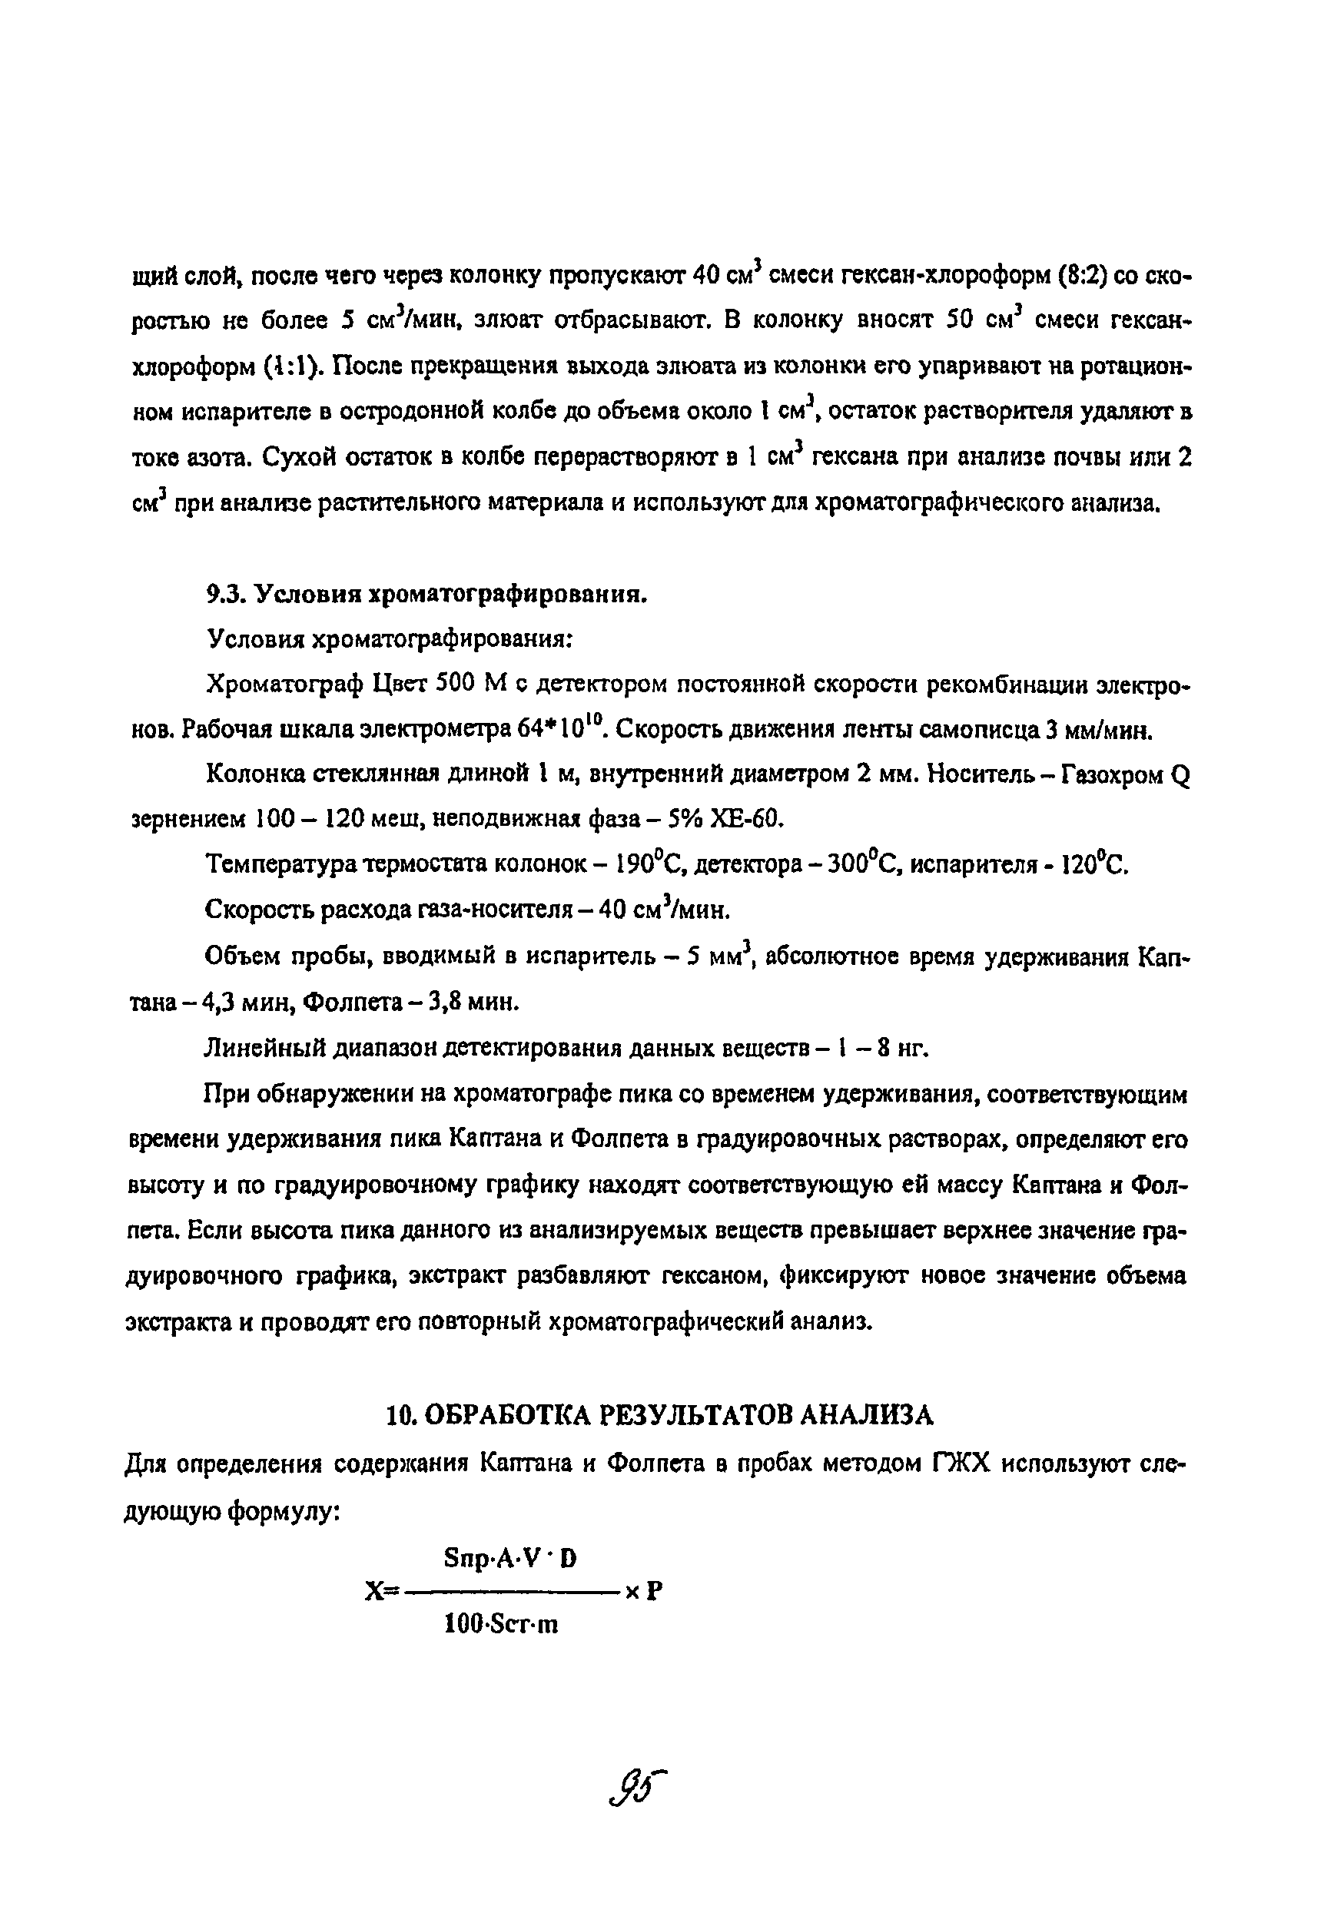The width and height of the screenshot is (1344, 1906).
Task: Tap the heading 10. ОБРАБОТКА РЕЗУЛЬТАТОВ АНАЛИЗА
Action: tap(660, 1414)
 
